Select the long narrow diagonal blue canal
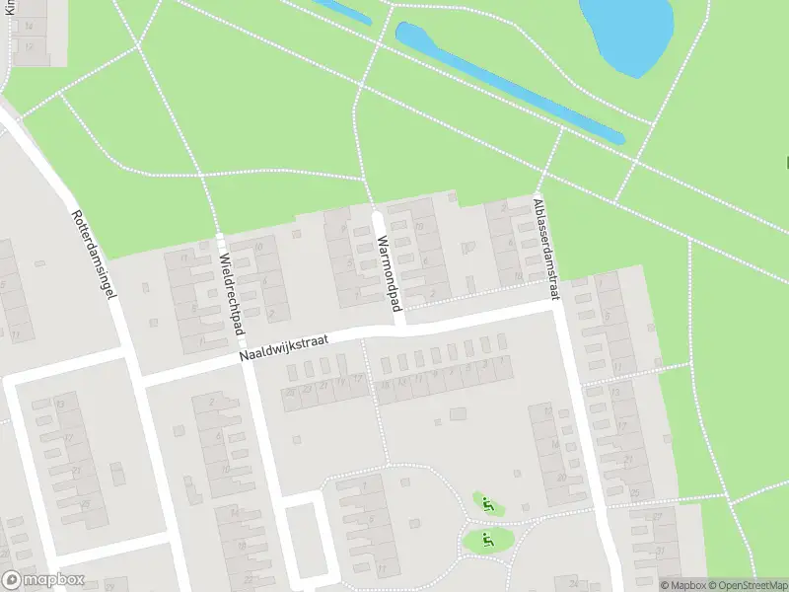[509, 83]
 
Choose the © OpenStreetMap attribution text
[753, 585]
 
